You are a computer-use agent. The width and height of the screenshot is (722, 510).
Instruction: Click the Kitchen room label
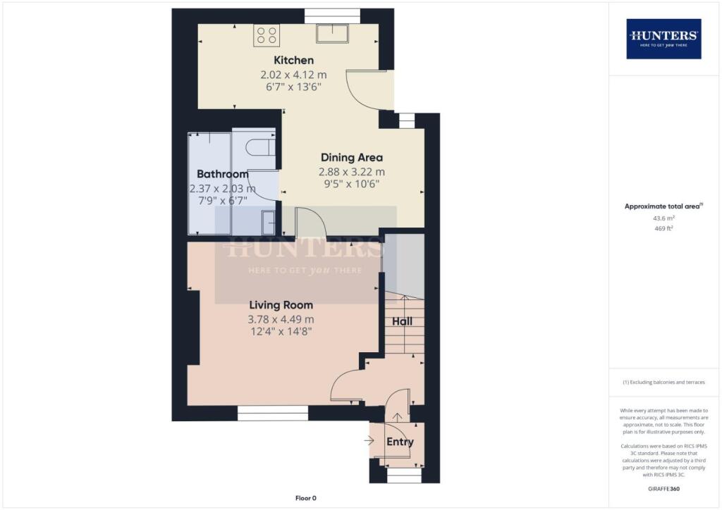click(x=293, y=61)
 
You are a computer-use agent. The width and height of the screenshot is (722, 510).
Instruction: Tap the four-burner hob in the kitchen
click(x=267, y=35)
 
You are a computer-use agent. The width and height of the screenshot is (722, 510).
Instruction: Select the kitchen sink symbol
click(x=332, y=34)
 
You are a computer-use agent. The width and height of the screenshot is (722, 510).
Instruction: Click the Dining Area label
click(x=352, y=157)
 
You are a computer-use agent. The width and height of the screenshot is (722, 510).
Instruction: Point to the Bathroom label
click(x=222, y=174)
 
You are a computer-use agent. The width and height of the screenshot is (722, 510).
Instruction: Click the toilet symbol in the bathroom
click(x=259, y=147)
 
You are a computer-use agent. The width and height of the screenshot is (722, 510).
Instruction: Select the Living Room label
click(x=281, y=305)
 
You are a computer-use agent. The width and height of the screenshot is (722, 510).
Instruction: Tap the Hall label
click(x=402, y=322)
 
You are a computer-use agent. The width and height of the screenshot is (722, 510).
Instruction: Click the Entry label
click(x=399, y=442)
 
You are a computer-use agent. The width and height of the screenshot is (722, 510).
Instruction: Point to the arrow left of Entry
click(x=369, y=441)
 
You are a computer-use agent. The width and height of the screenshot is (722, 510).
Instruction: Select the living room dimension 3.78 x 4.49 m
click(x=281, y=319)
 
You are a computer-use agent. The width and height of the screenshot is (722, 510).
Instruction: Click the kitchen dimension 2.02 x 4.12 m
click(x=293, y=74)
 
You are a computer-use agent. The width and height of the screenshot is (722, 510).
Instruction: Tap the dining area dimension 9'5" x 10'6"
click(x=352, y=184)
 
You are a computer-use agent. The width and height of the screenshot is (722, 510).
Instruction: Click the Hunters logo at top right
click(x=663, y=38)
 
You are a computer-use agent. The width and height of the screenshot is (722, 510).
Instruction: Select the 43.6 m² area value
click(x=663, y=218)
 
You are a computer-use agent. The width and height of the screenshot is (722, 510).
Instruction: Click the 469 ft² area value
click(x=663, y=228)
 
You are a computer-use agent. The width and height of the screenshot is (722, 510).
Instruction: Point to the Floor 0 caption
click(x=307, y=498)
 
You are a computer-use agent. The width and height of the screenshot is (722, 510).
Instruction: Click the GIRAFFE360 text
click(x=663, y=488)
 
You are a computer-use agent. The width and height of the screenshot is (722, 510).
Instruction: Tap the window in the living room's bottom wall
click(x=273, y=413)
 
